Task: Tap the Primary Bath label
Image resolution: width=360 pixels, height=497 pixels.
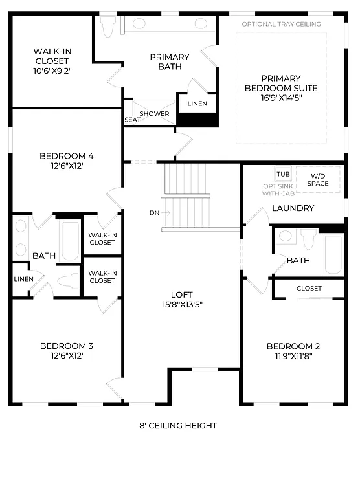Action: tap(170, 61)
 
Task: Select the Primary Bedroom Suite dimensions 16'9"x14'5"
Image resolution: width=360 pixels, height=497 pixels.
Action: tap(281, 98)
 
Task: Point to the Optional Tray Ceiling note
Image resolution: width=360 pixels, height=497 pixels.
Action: tap(281, 24)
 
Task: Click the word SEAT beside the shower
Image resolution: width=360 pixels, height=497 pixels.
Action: tap(132, 120)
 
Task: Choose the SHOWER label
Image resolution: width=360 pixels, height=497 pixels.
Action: tap(155, 114)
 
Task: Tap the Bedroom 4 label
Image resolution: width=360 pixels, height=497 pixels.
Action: tap(67, 156)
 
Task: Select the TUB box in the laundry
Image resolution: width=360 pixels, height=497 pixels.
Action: tap(283, 175)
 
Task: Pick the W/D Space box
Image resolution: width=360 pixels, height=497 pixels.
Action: tap(318, 179)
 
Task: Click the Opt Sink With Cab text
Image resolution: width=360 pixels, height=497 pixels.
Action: tap(278, 189)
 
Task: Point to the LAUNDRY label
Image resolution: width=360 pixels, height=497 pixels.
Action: tap(293, 208)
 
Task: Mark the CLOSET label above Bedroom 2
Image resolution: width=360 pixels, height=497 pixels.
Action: tap(309, 288)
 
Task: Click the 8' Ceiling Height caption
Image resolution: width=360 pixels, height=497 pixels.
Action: tap(178, 425)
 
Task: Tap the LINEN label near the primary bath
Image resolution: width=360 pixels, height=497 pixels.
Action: tap(197, 104)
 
